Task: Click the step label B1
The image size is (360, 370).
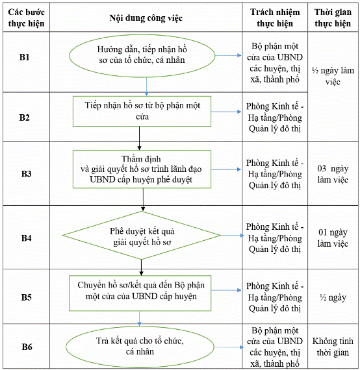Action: tap(25, 57)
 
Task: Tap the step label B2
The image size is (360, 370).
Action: tap(25, 117)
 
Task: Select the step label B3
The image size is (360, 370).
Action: tap(27, 174)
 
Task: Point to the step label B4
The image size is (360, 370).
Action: tap(27, 238)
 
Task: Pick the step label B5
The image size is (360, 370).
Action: tap(27, 297)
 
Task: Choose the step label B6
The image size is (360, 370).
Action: tap(27, 347)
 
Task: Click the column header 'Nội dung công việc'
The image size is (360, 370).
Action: tap(146, 18)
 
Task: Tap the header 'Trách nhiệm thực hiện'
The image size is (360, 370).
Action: tap(275, 18)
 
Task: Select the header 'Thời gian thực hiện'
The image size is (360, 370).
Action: tap(333, 18)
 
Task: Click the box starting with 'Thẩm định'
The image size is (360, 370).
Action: tap(142, 169)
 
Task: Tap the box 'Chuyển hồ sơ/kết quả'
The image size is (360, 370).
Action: tap(140, 293)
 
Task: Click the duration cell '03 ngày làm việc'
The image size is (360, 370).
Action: tap(333, 174)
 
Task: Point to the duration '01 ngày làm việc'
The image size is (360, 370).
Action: tap(333, 238)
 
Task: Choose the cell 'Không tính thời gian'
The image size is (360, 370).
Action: tap(333, 347)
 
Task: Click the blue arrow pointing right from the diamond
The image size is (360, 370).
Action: tap(233, 236)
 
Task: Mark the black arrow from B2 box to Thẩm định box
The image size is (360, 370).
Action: tap(139, 138)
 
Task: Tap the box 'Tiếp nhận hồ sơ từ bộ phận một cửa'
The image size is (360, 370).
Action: tap(142, 112)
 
